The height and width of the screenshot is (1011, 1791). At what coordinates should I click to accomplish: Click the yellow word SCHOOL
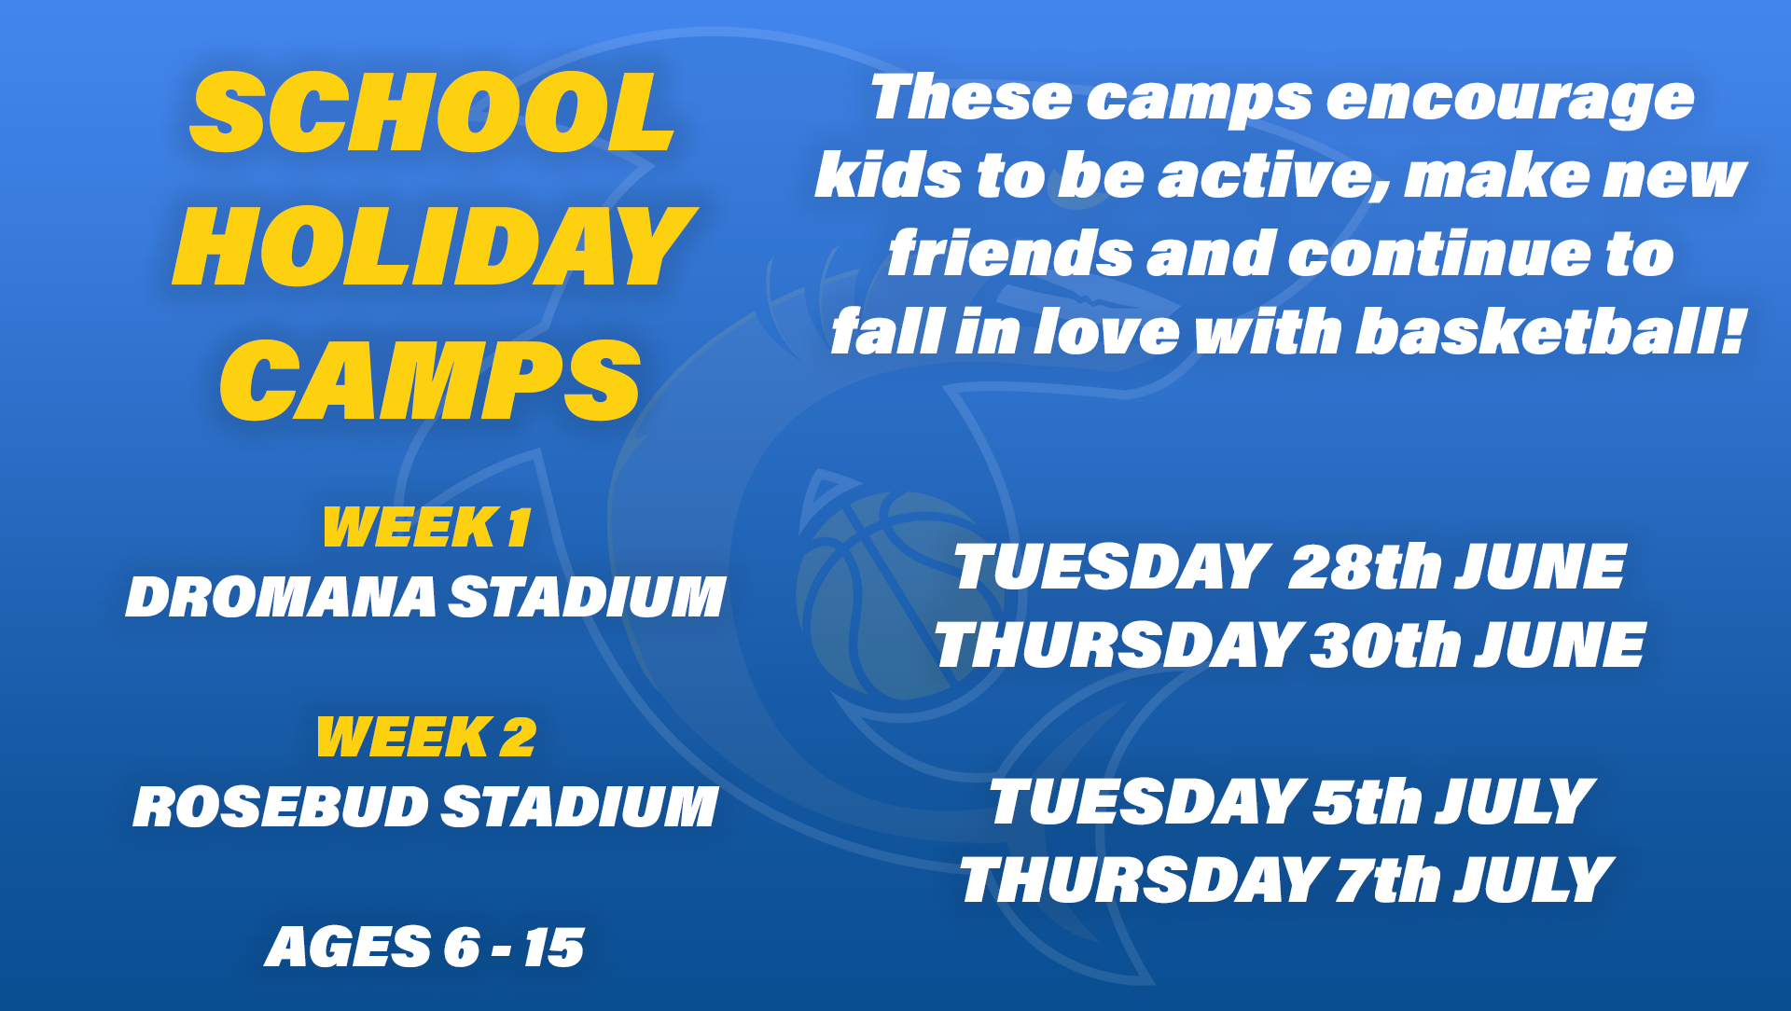(x=431, y=113)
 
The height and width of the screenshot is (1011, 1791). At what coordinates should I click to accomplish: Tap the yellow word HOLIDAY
(x=434, y=246)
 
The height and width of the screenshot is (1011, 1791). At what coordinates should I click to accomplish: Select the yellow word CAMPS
(x=430, y=380)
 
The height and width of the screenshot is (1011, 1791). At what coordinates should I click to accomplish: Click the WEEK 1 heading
(x=426, y=527)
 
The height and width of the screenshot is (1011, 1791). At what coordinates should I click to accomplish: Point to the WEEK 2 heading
(x=426, y=737)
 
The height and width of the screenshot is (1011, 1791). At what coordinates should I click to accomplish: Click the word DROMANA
(x=281, y=597)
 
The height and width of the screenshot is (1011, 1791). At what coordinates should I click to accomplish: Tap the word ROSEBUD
(x=280, y=807)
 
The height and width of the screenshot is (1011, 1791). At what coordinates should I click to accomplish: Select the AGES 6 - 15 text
(x=424, y=948)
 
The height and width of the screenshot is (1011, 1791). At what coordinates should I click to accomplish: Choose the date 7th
(x=1388, y=879)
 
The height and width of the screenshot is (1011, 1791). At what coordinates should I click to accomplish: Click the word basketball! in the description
(x=1549, y=332)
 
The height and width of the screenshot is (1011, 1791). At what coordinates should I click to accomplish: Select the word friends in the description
(x=1010, y=254)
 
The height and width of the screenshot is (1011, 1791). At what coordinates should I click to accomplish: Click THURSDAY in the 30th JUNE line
(x=1118, y=645)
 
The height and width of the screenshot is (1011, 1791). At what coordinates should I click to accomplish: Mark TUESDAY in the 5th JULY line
(x=1146, y=802)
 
